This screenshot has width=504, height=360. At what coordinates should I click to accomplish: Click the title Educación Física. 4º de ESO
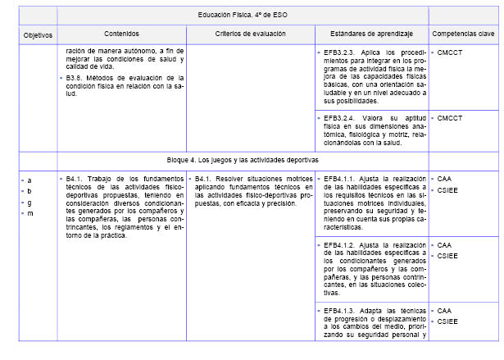pos(243,16)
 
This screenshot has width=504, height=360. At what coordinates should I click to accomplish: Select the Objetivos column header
pos(38,35)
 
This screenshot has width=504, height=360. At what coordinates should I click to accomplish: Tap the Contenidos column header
pos(121,34)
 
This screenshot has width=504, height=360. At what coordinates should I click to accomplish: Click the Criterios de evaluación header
pos(250,34)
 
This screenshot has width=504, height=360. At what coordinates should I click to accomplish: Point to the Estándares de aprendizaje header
pos(371,34)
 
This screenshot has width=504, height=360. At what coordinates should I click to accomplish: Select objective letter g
pos(30,202)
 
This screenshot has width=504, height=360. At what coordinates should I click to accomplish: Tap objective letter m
pos(30,213)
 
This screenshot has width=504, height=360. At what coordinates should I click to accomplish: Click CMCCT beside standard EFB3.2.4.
pos(450,118)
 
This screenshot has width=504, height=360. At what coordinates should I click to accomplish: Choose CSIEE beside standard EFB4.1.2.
pos(448,257)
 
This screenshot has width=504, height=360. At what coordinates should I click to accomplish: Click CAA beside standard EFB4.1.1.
pos(444,178)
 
